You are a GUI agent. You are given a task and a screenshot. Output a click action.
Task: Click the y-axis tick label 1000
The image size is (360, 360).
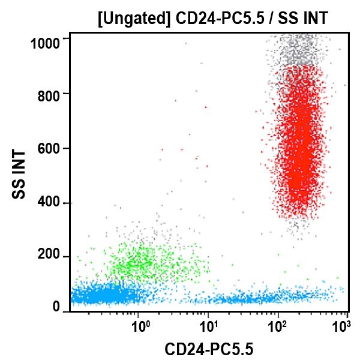[x=45, y=42]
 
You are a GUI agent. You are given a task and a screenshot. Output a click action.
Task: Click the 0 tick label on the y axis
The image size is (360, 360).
[x=56, y=307]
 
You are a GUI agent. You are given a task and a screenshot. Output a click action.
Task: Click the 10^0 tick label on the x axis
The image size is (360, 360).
[x=141, y=327]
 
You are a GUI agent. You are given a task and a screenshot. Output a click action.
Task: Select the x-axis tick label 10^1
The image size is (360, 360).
[x=209, y=327]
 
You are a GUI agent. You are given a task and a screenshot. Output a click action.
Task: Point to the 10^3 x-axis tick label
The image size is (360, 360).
[x=341, y=327]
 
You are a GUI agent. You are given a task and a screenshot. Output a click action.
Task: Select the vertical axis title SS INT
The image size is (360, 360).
[x=19, y=175]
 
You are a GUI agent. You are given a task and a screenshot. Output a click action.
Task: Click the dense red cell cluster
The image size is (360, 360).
[x=300, y=150]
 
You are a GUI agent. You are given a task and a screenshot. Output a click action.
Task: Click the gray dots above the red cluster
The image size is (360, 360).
[x=298, y=51]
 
